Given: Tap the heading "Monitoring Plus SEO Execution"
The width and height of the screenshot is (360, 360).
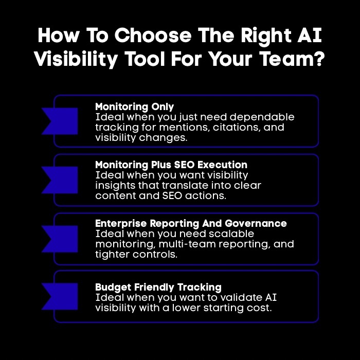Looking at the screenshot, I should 171,165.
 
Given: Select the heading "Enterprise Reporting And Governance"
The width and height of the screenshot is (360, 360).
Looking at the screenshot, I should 191,224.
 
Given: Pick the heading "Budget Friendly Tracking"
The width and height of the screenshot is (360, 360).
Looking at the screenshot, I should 158,287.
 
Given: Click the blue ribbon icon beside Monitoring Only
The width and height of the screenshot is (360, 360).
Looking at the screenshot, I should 60,121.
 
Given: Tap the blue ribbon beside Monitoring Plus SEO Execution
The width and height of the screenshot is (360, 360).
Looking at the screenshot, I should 60,179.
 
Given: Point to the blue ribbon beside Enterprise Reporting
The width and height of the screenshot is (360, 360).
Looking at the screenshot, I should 60,239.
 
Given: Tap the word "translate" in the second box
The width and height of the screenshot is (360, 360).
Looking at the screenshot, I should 198,186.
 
